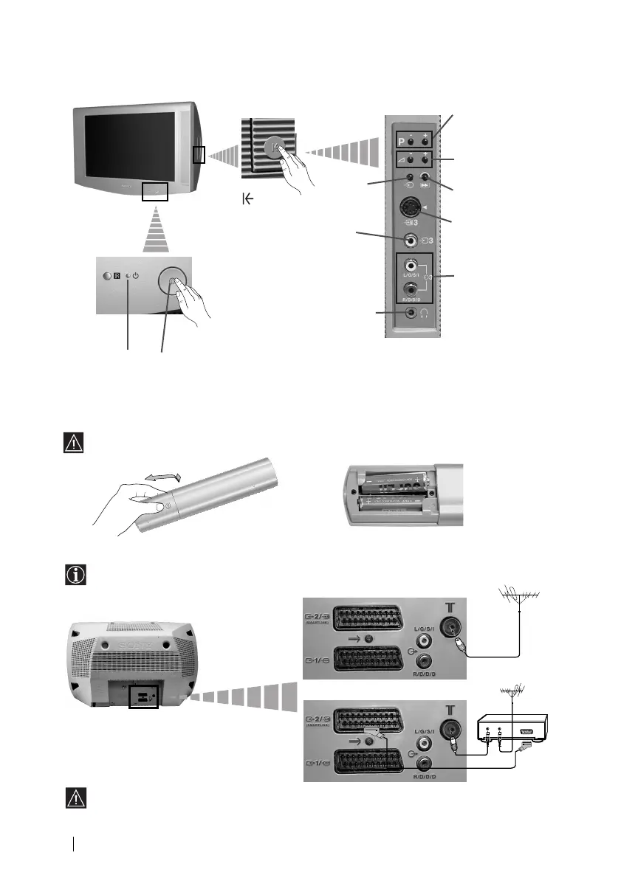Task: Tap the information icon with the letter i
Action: (72, 575)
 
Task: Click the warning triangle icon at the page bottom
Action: (72, 798)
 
